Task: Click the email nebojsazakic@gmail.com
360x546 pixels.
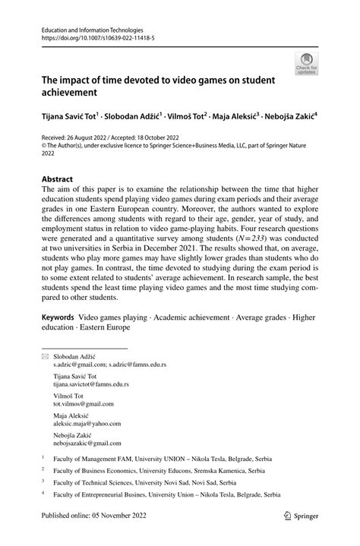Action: coord(87,443)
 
